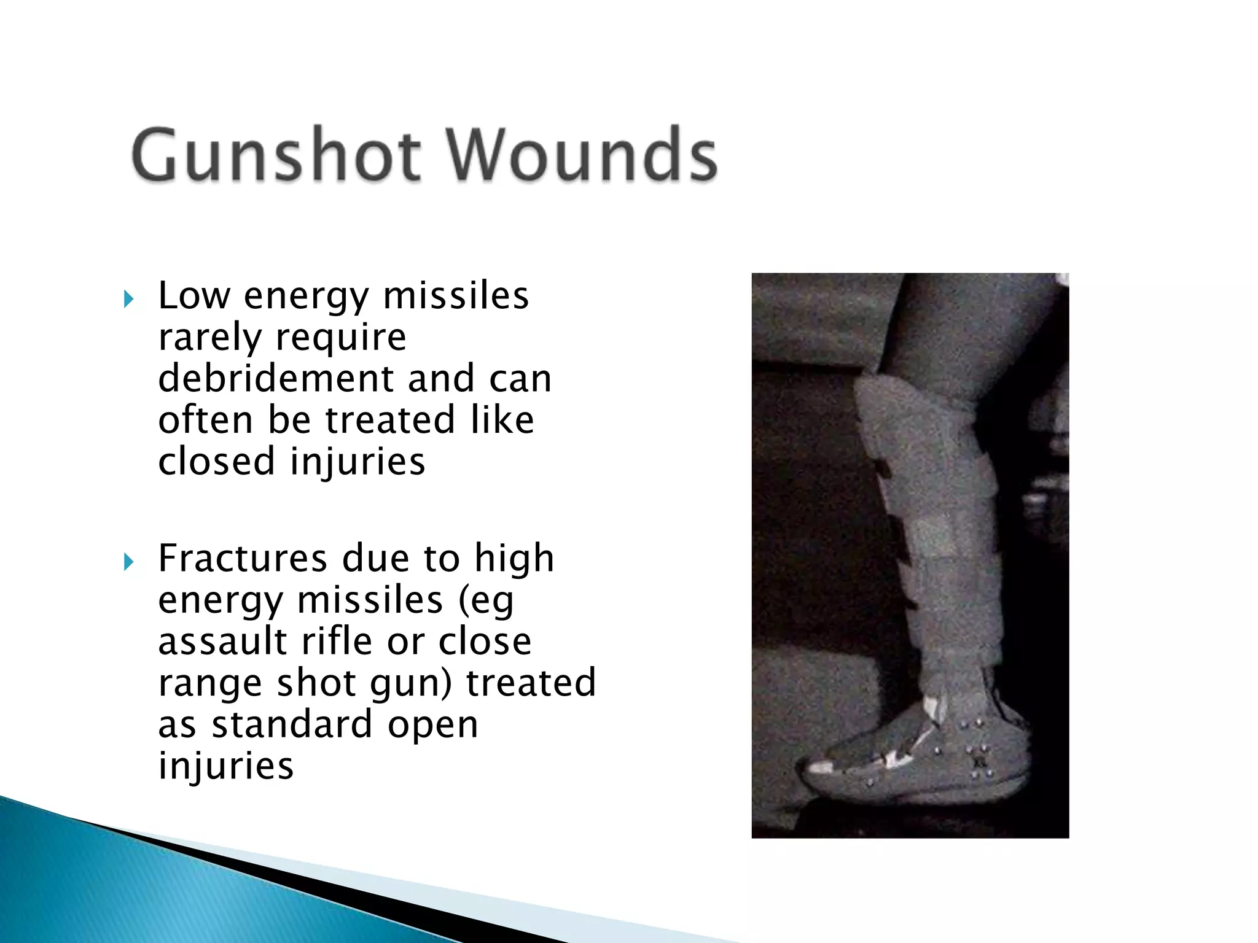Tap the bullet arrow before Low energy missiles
click(128, 300)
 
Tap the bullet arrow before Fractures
click(128, 562)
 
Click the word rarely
click(209, 338)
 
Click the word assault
click(222, 642)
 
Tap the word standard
click(292, 724)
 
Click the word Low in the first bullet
click(194, 296)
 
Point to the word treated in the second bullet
click(531, 683)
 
